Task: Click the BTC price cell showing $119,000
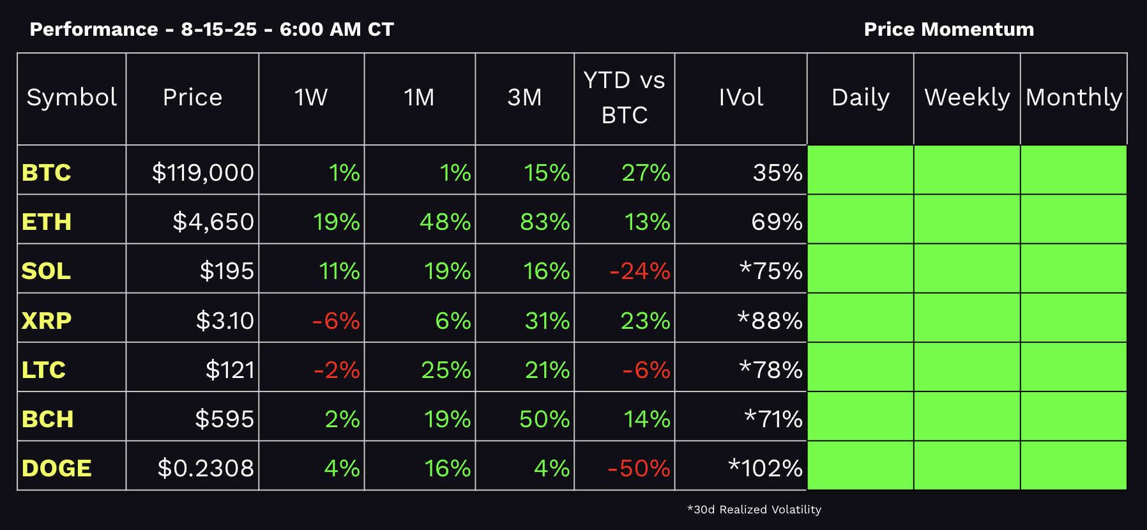pyautogui.click(x=202, y=172)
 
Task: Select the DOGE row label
pyautogui.click(x=57, y=468)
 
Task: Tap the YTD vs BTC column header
pyautogui.click(x=624, y=98)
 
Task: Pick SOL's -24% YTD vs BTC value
pyautogui.click(x=639, y=271)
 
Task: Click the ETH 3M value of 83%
pyautogui.click(x=544, y=222)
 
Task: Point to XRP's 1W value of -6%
pyautogui.click(x=336, y=321)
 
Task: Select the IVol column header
pyautogui.click(x=741, y=98)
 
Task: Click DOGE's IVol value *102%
pyautogui.click(x=765, y=468)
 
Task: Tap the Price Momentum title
pyautogui.click(x=948, y=29)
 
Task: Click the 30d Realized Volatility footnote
pyautogui.click(x=754, y=510)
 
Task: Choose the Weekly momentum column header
pyautogui.click(x=967, y=98)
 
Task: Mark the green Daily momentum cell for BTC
pyautogui.click(x=860, y=170)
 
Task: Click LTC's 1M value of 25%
pyautogui.click(x=446, y=370)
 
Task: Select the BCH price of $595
pyautogui.click(x=224, y=419)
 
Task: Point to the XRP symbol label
pyautogui.click(x=47, y=321)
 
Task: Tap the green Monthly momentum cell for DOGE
pyautogui.click(x=1074, y=466)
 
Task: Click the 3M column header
pyautogui.click(x=524, y=98)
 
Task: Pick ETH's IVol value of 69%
pyautogui.click(x=777, y=222)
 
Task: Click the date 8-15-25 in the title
pyautogui.click(x=219, y=29)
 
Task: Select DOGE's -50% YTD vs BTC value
pyautogui.click(x=639, y=468)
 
